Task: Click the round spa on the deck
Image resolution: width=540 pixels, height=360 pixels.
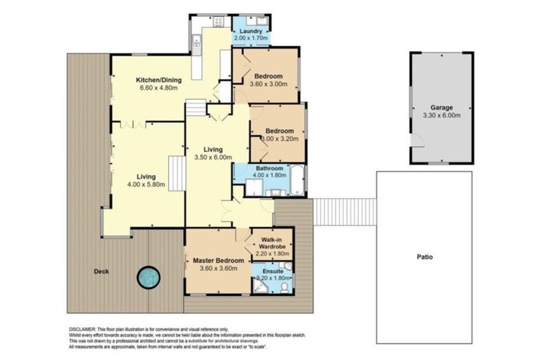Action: tap(149, 278)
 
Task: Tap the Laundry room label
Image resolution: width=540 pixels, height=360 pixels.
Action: tap(250, 32)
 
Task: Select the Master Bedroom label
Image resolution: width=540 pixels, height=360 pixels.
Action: tap(218, 260)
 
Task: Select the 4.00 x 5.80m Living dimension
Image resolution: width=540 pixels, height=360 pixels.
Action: tap(146, 184)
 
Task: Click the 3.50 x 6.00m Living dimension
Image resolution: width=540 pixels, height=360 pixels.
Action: tap(212, 158)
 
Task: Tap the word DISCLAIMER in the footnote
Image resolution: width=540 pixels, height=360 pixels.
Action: tap(84, 328)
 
